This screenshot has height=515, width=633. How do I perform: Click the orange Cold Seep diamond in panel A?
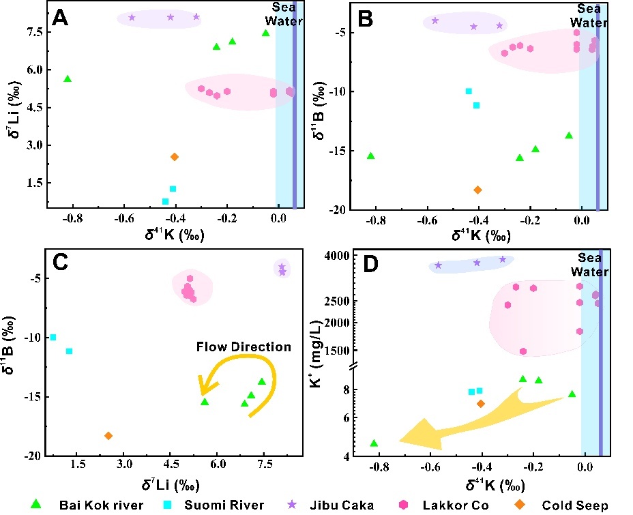tap(175, 157)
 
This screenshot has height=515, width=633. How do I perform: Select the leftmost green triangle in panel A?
tap(68, 79)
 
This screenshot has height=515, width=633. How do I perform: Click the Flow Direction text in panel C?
tap(244, 347)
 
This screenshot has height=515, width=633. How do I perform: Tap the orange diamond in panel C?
tap(108, 436)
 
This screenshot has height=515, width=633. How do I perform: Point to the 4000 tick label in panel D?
tap(336, 256)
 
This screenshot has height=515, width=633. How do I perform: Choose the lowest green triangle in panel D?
tap(374, 443)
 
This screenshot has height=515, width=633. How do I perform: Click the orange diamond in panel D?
tap(480, 404)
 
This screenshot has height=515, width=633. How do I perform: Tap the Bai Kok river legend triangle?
tap(38, 504)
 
